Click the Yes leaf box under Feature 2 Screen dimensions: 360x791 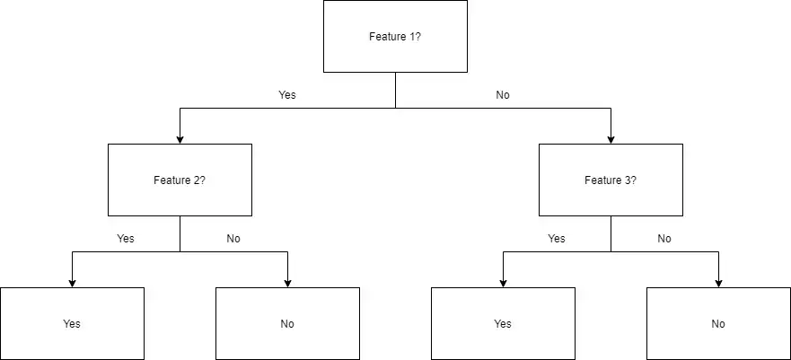click(x=72, y=323)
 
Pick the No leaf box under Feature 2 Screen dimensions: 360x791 click(x=287, y=323)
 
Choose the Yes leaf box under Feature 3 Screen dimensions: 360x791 click(x=503, y=323)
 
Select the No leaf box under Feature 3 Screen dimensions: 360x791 click(x=718, y=323)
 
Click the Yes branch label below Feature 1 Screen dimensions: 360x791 click(x=287, y=94)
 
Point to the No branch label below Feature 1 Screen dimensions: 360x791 click(x=503, y=94)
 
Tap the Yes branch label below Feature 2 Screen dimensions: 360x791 click(x=126, y=239)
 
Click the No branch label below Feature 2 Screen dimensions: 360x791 click(x=233, y=239)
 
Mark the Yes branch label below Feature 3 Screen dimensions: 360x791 click(x=557, y=239)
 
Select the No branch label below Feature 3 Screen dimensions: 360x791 click(x=664, y=239)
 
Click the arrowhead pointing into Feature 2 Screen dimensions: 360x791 click(x=180, y=138)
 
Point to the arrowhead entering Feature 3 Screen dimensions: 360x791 click(x=611, y=138)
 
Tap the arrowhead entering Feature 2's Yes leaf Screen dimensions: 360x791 click(x=72, y=282)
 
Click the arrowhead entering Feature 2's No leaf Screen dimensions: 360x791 click(x=287, y=282)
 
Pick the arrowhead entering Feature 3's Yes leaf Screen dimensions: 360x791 click(x=503, y=282)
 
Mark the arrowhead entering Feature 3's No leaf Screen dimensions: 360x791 click(x=718, y=282)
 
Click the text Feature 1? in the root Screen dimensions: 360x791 click(x=395, y=37)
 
